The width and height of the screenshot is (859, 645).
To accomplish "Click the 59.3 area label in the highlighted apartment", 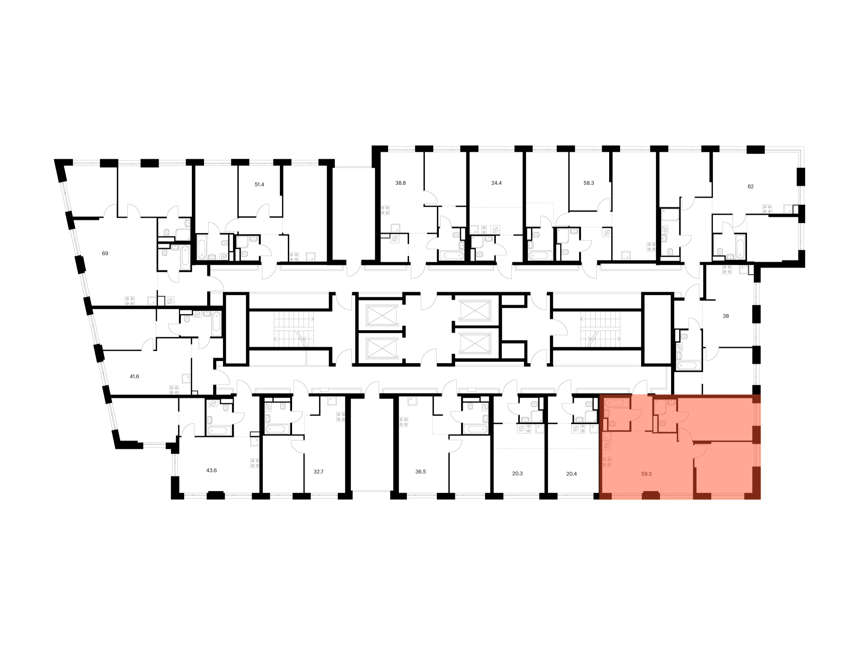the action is pyautogui.click(x=646, y=474).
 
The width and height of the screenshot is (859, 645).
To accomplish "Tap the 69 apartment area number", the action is pyautogui.click(x=105, y=253).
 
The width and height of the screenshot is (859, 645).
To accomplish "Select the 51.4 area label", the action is pyautogui.click(x=259, y=184).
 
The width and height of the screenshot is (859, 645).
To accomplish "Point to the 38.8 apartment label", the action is pyautogui.click(x=401, y=183).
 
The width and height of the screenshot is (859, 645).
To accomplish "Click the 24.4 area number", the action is pyautogui.click(x=496, y=183).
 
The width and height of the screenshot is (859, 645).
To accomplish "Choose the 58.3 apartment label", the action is pyautogui.click(x=589, y=183).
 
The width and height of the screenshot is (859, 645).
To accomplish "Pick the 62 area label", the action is pyautogui.click(x=751, y=186).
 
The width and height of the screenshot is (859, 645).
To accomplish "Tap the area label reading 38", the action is pyautogui.click(x=726, y=316).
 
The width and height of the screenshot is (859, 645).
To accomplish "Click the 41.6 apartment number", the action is pyautogui.click(x=134, y=376).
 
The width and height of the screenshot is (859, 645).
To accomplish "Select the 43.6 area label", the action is pyautogui.click(x=211, y=470).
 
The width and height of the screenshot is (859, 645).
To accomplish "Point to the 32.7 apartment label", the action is pyautogui.click(x=319, y=472).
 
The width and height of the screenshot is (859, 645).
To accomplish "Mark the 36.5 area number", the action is pyautogui.click(x=421, y=472).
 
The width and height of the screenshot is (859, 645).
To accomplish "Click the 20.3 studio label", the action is pyautogui.click(x=517, y=474).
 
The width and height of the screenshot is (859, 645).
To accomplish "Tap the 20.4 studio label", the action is pyautogui.click(x=571, y=474).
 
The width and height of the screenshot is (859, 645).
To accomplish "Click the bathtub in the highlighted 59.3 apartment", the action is pyautogui.click(x=616, y=403).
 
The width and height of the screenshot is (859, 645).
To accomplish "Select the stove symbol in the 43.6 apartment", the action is pyautogui.click(x=255, y=463).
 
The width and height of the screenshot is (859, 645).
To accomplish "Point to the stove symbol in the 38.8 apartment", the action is pyautogui.click(x=385, y=210).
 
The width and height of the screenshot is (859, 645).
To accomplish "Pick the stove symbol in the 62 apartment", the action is pyautogui.click(x=767, y=209).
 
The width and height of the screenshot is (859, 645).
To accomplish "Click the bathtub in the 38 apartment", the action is pyautogui.click(x=689, y=365).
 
